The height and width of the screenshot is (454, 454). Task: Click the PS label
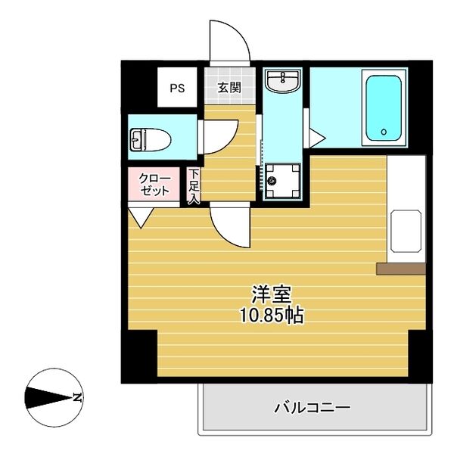click(x=177, y=88)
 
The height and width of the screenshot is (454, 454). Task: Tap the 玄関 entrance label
click(x=229, y=88)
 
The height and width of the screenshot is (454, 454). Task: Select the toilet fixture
click(x=151, y=139)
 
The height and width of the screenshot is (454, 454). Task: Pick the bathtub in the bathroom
click(x=384, y=107)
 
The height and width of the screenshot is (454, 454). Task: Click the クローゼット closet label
click(x=155, y=185)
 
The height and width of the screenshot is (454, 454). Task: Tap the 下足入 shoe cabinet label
click(x=194, y=186)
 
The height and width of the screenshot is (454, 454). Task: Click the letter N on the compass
click(x=77, y=396)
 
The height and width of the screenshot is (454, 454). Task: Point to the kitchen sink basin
click(x=406, y=232)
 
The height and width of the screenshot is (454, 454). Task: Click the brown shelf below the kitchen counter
click(x=401, y=268)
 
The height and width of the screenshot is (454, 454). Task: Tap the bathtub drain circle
click(x=384, y=132)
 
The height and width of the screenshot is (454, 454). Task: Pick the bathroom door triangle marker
click(x=317, y=138)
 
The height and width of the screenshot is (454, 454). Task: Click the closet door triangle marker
click(x=139, y=217)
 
